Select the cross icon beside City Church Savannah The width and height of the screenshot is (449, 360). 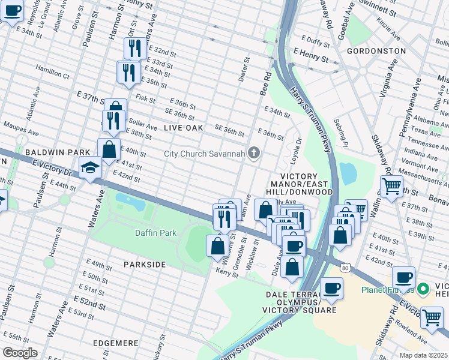tap(254, 154)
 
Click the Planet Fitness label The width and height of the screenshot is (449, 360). tap(387, 290)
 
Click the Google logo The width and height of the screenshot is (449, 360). tap(20, 352)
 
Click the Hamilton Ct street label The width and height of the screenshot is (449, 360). tap(52, 73)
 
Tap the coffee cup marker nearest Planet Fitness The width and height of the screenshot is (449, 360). tap(403, 278)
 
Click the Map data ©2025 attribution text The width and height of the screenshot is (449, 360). tap(424, 355)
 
